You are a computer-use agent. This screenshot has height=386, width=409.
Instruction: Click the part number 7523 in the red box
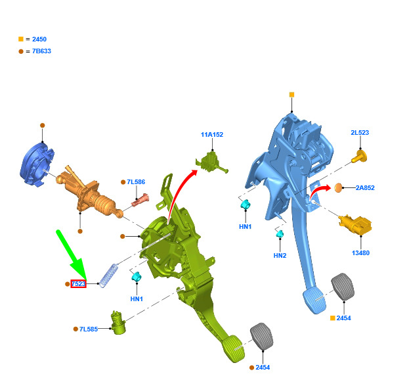(x=78, y=283)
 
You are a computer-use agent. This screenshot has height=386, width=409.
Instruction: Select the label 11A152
(x=212, y=135)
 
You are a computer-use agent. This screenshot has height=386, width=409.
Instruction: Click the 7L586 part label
(x=136, y=182)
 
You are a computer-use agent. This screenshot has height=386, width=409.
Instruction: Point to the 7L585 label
(x=89, y=329)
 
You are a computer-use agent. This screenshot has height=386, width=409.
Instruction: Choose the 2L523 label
(x=360, y=132)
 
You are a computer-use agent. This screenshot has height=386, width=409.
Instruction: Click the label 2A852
(x=365, y=187)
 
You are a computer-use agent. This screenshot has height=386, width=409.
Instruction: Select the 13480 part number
(x=360, y=253)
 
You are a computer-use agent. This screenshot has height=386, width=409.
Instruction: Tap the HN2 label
(x=280, y=255)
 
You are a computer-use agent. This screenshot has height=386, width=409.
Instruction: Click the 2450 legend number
(x=39, y=39)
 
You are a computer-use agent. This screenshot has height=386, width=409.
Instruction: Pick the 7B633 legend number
(x=41, y=51)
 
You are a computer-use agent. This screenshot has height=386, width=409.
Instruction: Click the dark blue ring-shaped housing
(x=37, y=164)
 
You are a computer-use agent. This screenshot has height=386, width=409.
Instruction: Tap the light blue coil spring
(x=108, y=276)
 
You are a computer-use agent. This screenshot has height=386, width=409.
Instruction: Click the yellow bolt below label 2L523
(x=360, y=157)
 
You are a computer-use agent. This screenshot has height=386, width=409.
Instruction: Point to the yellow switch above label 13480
(x=355, y=225)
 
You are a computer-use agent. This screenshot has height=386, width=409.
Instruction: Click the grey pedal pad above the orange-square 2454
(x=343, y=287)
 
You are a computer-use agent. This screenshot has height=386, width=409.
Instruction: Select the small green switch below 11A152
(x=211, y=162)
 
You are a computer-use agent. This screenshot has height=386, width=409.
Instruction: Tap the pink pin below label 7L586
(x=140, y=200)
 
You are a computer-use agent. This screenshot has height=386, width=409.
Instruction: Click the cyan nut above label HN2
(x=280, y=233)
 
